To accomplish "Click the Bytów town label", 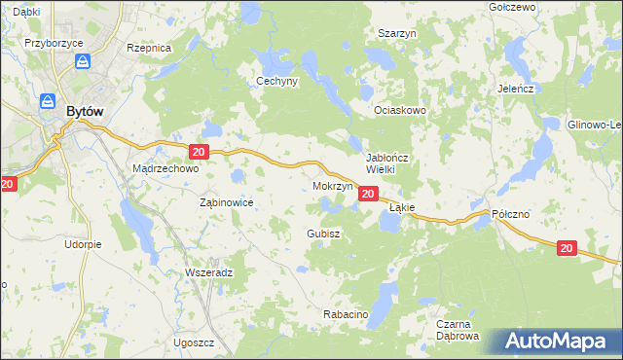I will pyautogui.click(x=85, y=112).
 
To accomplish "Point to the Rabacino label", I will pyautogui.click(x=344, y=314).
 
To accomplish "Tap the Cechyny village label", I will pyautogui.click(x=276, y=82).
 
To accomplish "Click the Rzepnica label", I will pyautogui.click(x=149, y=47).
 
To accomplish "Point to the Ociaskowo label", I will pyautogui.click(x=401, y=111).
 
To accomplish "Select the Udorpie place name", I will pyautogui.click(x=84, y=244).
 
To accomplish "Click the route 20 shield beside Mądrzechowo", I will pyautogui.click(x=199, y=152).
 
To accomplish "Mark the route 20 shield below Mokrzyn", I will pyautogui.click(x=368, y=195).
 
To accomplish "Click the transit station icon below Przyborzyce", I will pyautogui.click(x=84, y=61).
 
